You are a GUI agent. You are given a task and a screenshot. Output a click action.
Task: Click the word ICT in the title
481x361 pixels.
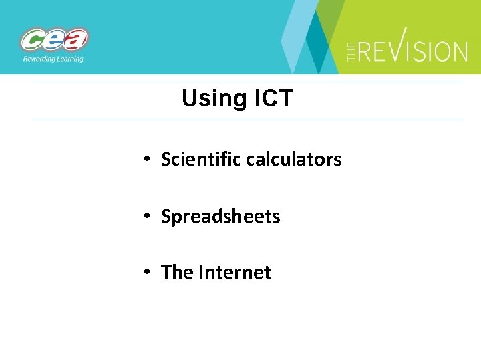pyautogui.click(x=273, y=99)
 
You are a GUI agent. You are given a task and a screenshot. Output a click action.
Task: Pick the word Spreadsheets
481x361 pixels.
pyautogui.click(x=220, y=217)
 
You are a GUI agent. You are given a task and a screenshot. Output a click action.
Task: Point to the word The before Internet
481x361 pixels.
pyautogui.click(x=177, y=273)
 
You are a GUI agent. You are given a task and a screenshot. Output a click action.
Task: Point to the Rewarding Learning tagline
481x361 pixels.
pyautogui.click(x=53, y=59)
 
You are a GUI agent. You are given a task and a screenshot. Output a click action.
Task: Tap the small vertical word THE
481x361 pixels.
pyautogui.click(x=352, y=50)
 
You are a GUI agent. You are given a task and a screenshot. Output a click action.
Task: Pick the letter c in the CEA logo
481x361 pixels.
pyautogui.click(x=33, y=41)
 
